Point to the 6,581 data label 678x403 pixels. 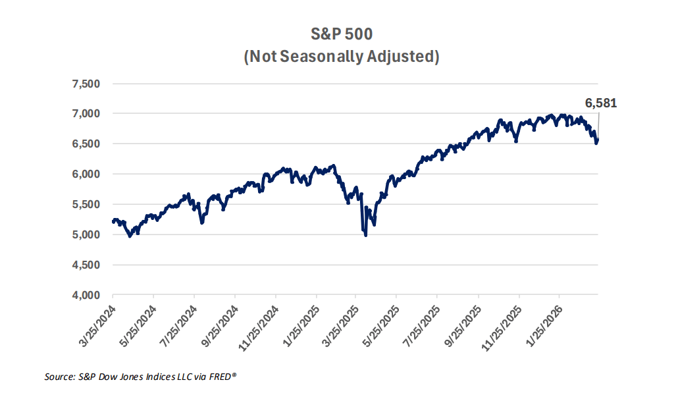(x=601, y=103)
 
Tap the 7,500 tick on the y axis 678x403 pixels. (x=86, y=84)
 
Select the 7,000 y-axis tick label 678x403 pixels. (x=86, y=114)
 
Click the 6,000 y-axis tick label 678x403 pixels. (x=86, y=175)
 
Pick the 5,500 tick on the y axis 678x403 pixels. (x=86, y=205)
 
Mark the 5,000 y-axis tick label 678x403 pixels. (x=86, y=235)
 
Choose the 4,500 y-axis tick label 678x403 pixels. (x=86, y=265)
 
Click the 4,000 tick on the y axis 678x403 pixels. (x=86, y=296)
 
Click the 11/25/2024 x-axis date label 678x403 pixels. (x=257, y=323)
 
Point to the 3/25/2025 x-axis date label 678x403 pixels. (x=339, y=323)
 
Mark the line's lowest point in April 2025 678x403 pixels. (x=365, y=234)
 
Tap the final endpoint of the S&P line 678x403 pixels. (x=598, y=139)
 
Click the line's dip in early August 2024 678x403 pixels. (x=201, y=223)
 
